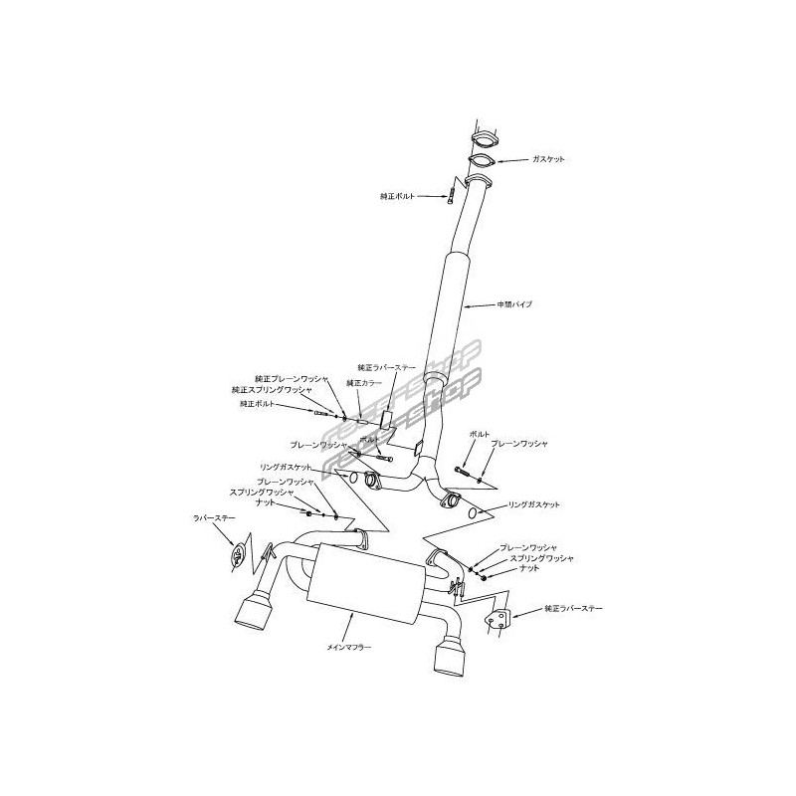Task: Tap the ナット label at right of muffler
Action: pyautogui.click(x=527, y=568)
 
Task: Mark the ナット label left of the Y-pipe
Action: pyautogui.click(x=267, y=502)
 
